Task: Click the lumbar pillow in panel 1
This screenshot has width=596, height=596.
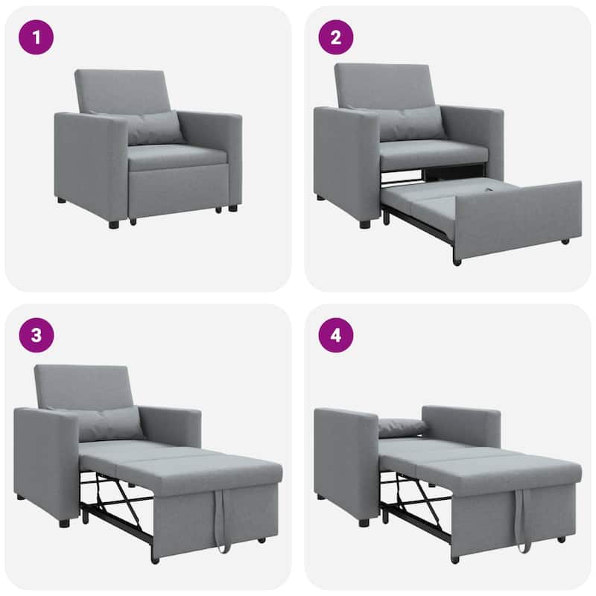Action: click(x=154, y=127)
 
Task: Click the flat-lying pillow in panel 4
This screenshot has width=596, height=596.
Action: click(x=402, y=427)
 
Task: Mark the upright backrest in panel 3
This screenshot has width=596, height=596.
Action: click(x=83, y=387)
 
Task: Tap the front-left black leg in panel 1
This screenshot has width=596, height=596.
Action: click(x=114, y=222)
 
